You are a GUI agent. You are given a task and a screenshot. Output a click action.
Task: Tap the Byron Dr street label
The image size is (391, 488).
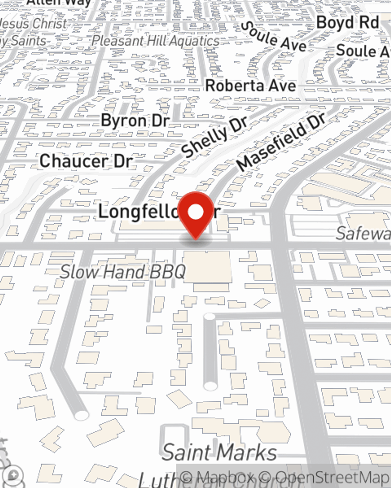[x=135, y=120]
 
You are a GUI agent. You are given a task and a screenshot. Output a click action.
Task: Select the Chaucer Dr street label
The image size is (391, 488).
[x=86, y=161]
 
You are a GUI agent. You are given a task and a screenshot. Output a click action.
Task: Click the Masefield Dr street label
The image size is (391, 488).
[x=281, y=142]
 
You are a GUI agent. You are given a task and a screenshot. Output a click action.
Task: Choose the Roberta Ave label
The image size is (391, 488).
[x=251, y=85]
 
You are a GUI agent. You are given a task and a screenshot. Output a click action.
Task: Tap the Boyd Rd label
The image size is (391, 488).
[x=348, y=22]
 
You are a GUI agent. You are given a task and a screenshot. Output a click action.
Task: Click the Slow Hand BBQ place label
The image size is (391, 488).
[x=122, y=272]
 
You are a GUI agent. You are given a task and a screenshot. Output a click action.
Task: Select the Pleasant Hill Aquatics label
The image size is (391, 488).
[x=155, y=41]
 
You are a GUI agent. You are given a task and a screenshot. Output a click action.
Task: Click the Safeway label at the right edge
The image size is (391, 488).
[x=362, y=233]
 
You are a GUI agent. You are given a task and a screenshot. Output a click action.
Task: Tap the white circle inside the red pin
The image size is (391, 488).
[x=196, y=212]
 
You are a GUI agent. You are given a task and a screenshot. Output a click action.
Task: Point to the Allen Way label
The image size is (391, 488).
[x=59, y=2]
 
